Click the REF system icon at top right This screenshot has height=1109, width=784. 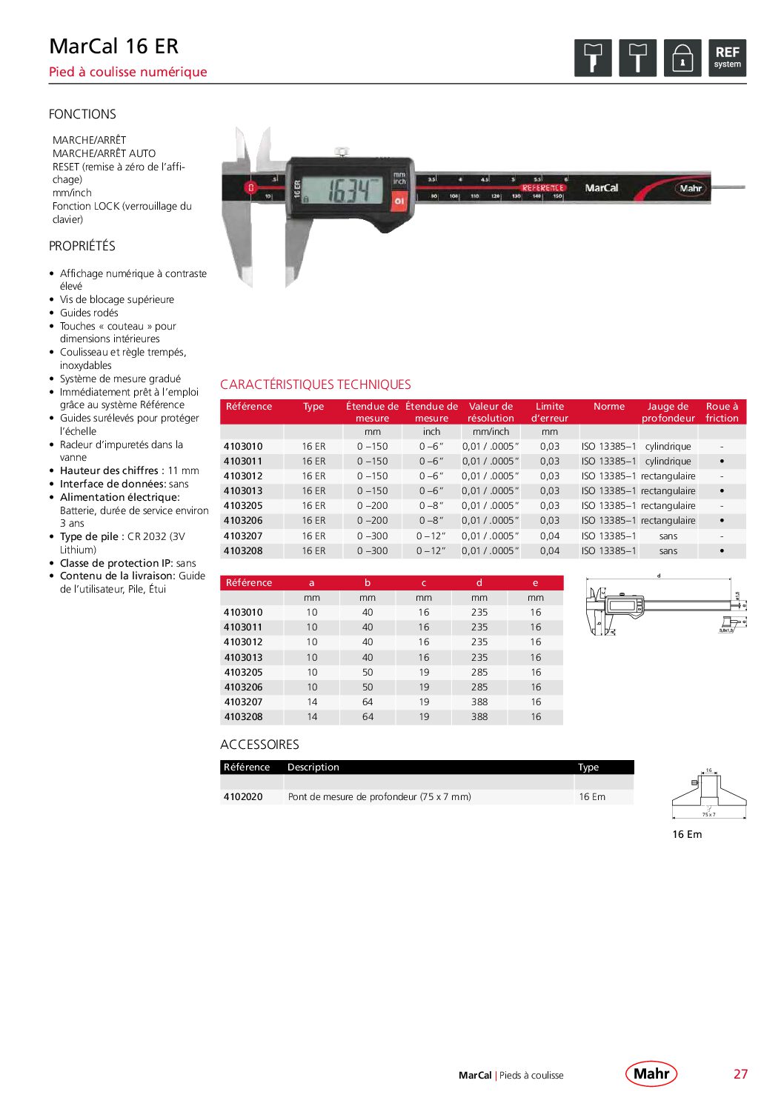coord(727,58)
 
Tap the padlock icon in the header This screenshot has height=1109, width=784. coord(682,58)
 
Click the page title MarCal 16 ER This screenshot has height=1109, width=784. coord(114,47)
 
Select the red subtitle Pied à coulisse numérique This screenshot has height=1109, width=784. coord(128,72)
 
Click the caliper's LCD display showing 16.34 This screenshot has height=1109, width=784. coord(348,190)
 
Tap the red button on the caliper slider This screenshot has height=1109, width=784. coord(399,200)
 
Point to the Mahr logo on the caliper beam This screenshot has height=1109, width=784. coord(690,188)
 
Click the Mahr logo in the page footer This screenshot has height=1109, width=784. coord(651,1073)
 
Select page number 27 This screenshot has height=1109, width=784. coord(740,1074)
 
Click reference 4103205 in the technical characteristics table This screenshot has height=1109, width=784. coord(243,506)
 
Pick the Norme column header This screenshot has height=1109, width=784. coord(608,407)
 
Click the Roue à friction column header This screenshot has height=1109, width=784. coord(722,412)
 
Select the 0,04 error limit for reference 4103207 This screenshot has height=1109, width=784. coord(550,536)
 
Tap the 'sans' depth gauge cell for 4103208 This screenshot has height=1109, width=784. coord(668,551)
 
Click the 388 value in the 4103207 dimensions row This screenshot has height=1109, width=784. coord(479,702)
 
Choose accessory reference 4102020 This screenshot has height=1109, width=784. coord(243,797)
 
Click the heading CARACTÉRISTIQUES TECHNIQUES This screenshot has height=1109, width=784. coord(316,384)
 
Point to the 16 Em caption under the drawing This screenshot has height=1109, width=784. coord(687,834)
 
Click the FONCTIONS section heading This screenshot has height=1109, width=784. coord(82,114)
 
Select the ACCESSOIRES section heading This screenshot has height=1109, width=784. coord(259,745)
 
